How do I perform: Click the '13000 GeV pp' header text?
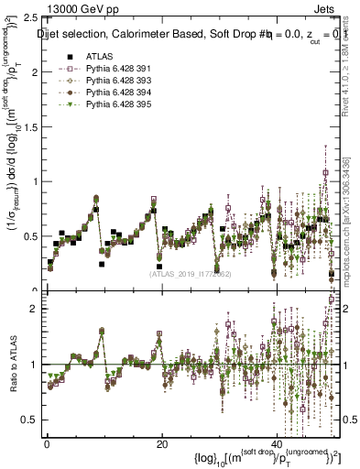83,9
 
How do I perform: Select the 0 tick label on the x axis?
46,442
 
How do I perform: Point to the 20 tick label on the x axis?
161,442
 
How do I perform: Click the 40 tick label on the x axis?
277,442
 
